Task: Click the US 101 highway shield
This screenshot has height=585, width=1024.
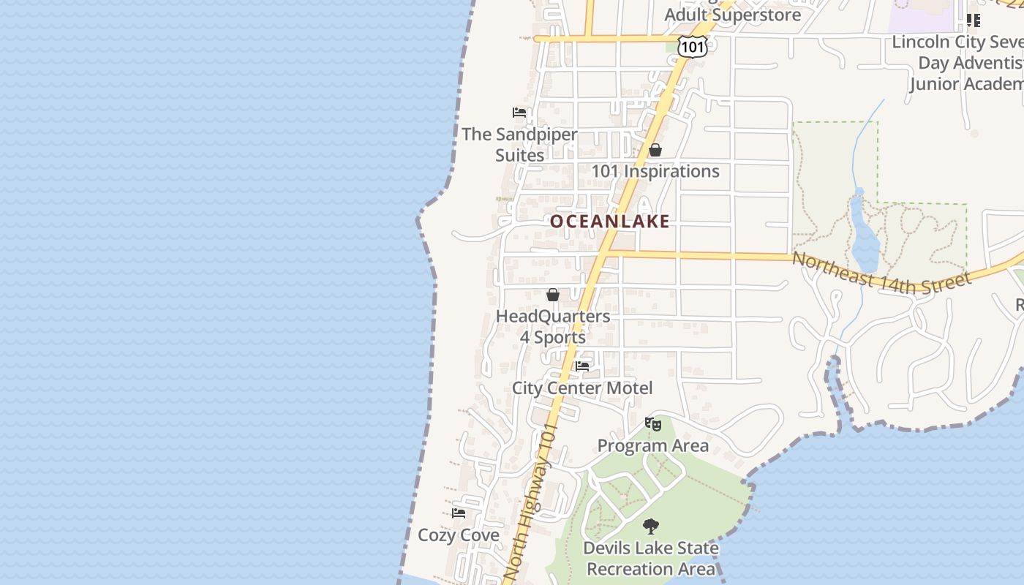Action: pyautogui.click(x=692, y=48)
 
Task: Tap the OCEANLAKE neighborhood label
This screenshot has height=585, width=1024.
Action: pyautogui.click(x=609, y=222)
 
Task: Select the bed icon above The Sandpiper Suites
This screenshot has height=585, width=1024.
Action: pyautogui.click(x=519, y=113)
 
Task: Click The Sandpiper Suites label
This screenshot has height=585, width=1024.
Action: pyautogui.click(x=519, y=145)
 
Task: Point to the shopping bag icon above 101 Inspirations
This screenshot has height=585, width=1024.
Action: pyautogui.click(x=655, y=150)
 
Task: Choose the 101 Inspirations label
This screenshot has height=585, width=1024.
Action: pyautogui.click(x=655, y=171)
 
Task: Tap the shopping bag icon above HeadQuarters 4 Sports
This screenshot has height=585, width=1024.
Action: pyautogui.click(x=553, y=295)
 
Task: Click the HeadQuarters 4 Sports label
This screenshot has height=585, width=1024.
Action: pyautogui.click(x=553, y=326)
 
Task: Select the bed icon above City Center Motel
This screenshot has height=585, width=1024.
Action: pyautogui.click(x=582, y=366)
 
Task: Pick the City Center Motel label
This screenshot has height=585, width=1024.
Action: pyautogui.click(x=582, y=388)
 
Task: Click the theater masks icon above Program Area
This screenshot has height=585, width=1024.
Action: pyautogui.click(x=653, y=423)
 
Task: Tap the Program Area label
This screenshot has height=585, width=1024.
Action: pyautogui.click(x=653, y=445)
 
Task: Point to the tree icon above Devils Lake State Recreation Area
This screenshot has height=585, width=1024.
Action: pyautogui.click(x=650, y=526)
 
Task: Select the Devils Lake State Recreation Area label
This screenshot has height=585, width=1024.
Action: pyautogui.click(x=651, y=558)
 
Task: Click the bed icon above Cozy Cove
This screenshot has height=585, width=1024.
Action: pyautogui.click(x=459, y=513)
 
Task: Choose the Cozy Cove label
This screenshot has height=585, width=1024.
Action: pyautogui.click(x=459, y=535)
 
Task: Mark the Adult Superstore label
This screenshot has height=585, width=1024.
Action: pyautogui.click(x=732, y=15)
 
